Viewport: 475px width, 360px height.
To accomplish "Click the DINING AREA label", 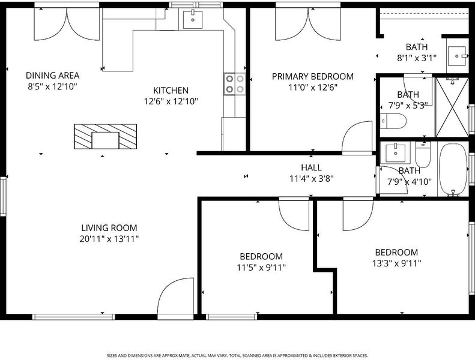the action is click(52, 76).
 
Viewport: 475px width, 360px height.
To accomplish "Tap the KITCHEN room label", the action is click(171, 90).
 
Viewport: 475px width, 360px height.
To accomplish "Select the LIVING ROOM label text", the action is click(109, 227).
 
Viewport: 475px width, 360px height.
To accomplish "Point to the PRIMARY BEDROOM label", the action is click(313, 76).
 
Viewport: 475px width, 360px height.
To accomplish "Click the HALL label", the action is click(312, 167).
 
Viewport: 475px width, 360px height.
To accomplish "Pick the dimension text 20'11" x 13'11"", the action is click(109, 239).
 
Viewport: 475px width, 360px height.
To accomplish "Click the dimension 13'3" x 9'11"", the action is click(396, 263).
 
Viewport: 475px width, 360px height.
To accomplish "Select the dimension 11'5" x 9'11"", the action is click(261, 268).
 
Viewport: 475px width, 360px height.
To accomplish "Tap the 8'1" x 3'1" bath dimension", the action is click(417, 58).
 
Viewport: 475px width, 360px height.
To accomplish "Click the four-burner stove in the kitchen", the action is click(235, 84).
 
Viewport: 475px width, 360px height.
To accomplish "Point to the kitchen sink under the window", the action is click(193, 20).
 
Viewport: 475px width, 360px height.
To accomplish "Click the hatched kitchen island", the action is click(106, 137).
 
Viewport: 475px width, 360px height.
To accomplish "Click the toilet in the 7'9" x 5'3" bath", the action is click(393, 121).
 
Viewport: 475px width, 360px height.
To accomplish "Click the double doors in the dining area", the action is click(67, 23).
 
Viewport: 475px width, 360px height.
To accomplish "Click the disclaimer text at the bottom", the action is click(238, 355).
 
